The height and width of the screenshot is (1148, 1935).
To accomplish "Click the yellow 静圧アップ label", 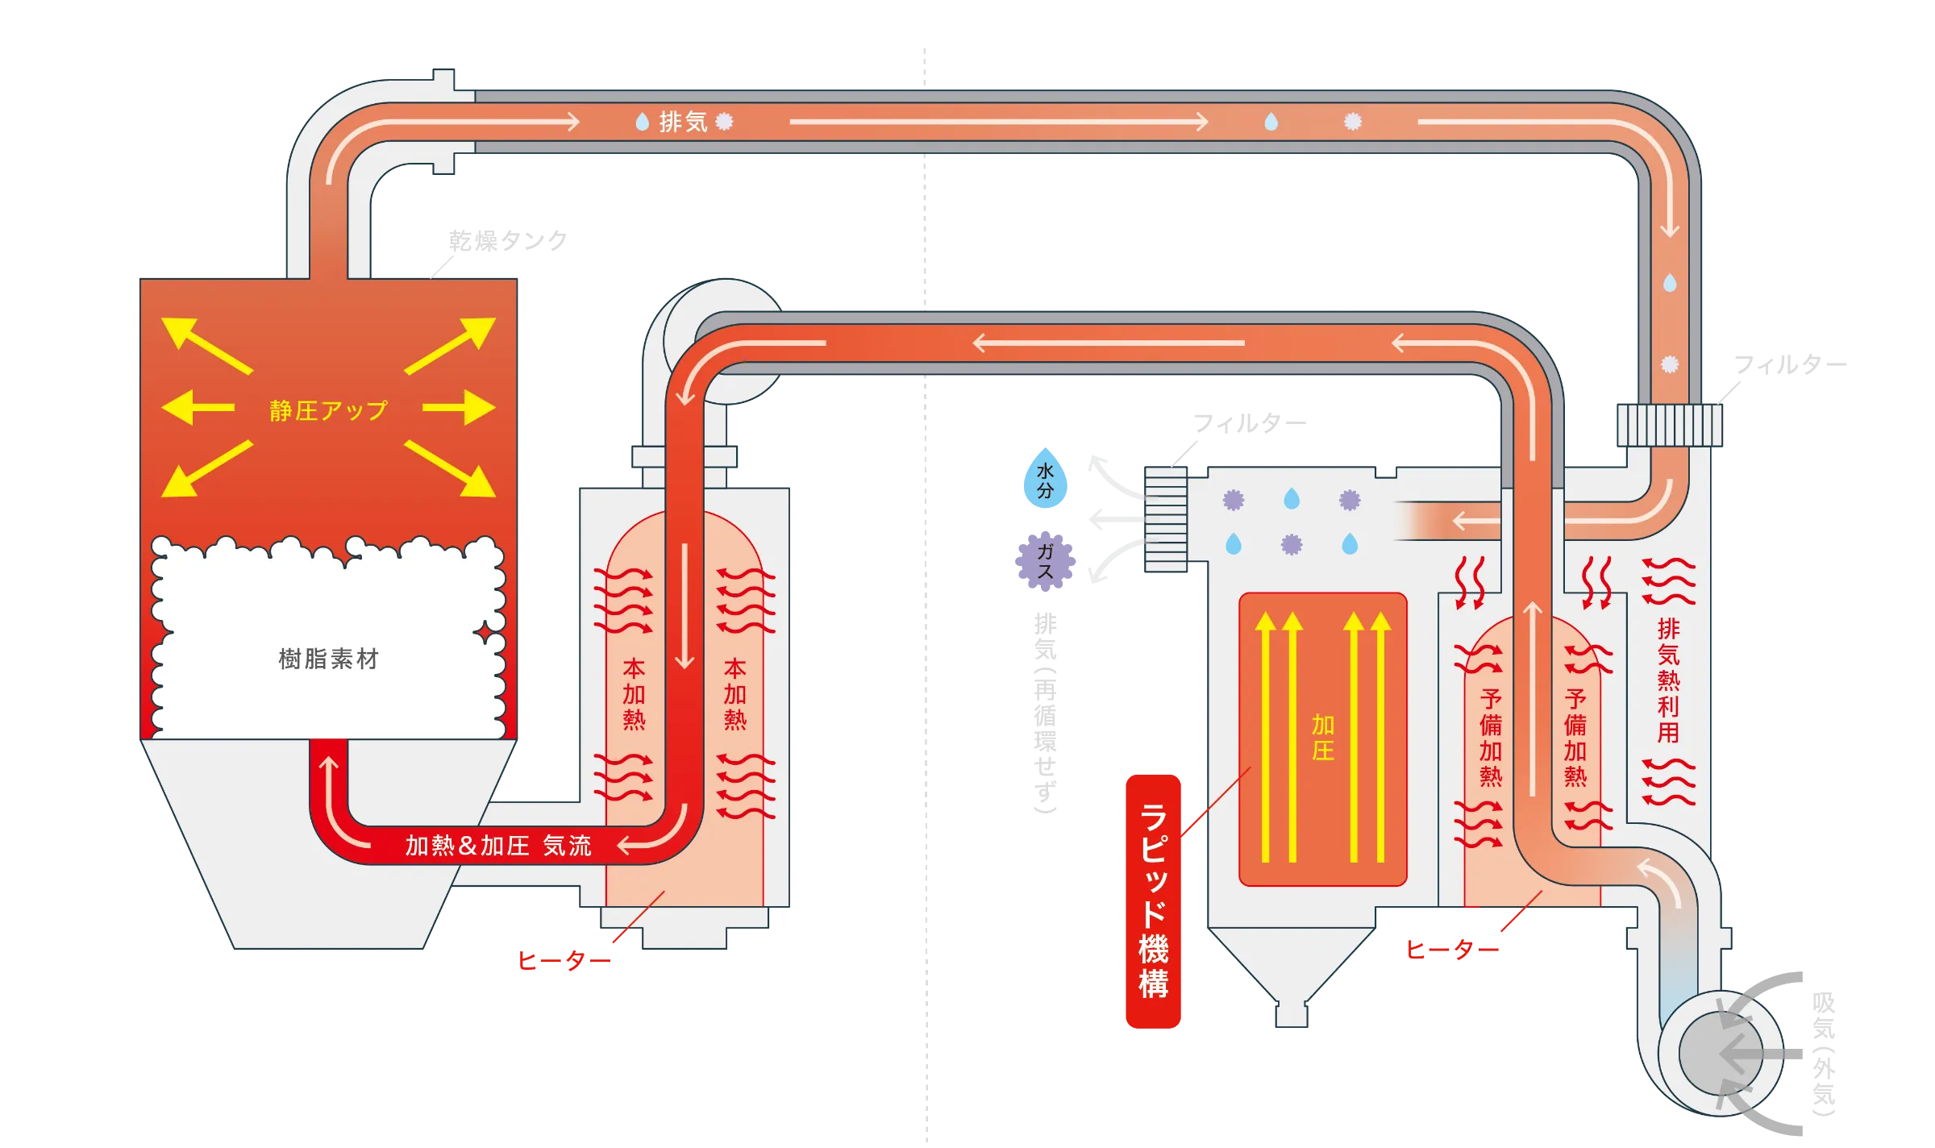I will [328, 410].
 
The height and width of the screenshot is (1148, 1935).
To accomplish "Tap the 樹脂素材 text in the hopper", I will [328, 659].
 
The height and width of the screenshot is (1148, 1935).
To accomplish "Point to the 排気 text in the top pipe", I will [683, 122].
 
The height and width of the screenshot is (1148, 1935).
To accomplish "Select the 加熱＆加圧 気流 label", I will [497, 846].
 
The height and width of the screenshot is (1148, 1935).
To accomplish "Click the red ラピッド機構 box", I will [1153, 901].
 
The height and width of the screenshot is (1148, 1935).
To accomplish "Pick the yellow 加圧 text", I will [1322, 738].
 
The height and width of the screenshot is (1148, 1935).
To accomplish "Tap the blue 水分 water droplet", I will [1045, 480].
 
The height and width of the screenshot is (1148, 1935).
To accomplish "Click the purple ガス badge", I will [1045, 561].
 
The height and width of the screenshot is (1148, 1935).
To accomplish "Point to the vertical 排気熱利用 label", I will [1668, 680].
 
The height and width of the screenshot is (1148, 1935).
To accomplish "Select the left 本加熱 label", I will [634, 694].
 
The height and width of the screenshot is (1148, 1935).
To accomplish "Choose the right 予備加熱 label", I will [1575, 738].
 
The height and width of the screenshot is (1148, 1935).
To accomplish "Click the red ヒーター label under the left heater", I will [564, 960].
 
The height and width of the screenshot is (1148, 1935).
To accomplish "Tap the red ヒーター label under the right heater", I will [1452, 950].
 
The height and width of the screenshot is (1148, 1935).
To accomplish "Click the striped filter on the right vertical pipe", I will [1669, 425].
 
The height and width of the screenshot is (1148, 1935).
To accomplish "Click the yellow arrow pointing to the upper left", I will [206, 345].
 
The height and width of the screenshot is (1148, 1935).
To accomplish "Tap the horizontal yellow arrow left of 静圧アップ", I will [198, 407].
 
